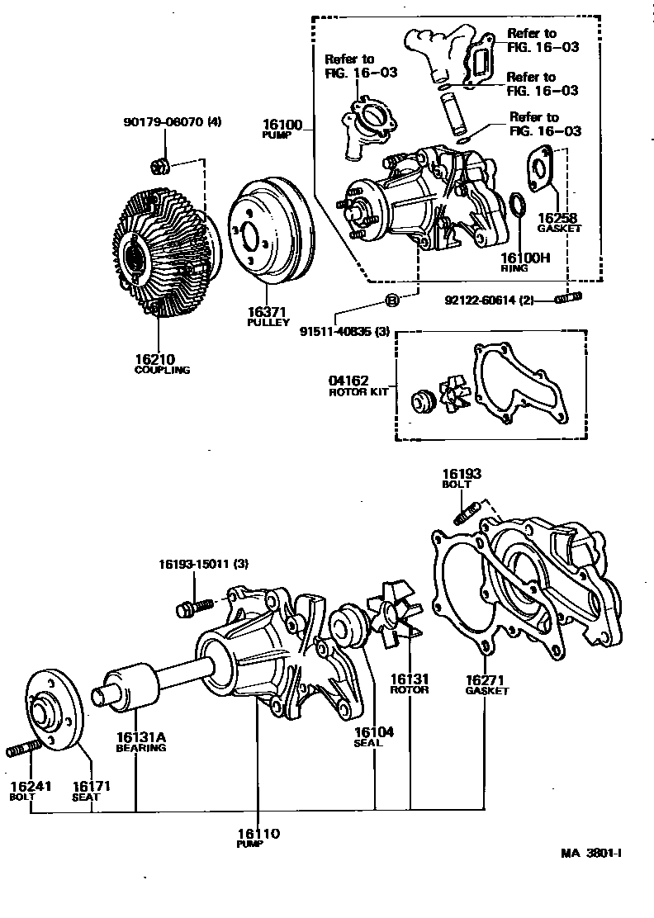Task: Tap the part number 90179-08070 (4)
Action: coord(173,122)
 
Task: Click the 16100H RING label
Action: coord(526,263)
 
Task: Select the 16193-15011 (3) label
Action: coord(203,564)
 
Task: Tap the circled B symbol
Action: coord(392,300)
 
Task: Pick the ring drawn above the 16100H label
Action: coord(515,206)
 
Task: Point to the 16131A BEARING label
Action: coord(140,742)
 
